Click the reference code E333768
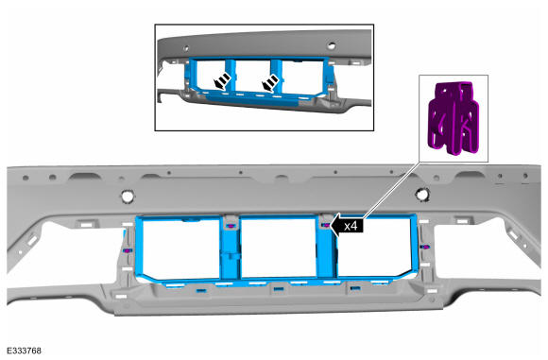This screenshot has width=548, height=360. point(24,351)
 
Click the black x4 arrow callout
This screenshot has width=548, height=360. point(347,226)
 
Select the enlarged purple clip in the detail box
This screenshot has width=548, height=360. point(454,118)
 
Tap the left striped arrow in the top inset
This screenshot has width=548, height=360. point(222,81)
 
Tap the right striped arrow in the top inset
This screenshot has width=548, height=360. point(270,83)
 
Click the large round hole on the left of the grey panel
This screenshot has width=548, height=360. point(128,196)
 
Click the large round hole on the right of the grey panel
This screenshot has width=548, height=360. point(422,194)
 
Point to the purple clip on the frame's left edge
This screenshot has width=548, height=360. point(127,250)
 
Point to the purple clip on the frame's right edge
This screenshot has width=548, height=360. point(425,247)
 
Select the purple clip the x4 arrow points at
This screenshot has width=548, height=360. point(325,225)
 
